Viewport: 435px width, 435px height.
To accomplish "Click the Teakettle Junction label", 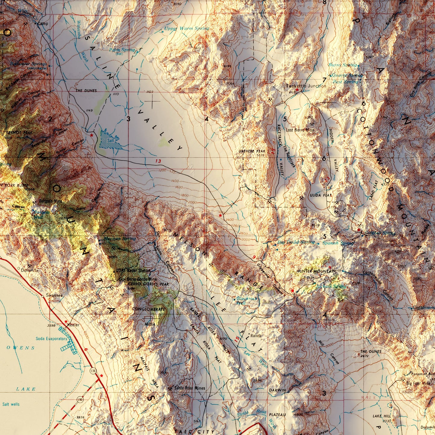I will [x=306, y=86].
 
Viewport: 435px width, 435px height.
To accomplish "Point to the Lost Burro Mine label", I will [x=300, y=130].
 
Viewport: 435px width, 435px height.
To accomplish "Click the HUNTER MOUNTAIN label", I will [x=316, y=271].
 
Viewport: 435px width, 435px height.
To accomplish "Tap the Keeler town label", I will [x=73, y=325].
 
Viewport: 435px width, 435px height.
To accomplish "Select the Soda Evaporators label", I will [x=51, y=339].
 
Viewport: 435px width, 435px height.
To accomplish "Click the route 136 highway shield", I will [x=93, y=371].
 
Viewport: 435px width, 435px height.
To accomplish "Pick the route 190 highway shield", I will [x=80, y=399].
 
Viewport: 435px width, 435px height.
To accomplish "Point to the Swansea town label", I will [x=54, y=295].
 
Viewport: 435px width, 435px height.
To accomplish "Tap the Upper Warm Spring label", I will [x=186, y=29].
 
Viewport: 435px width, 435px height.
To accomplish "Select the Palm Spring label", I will [x=122, y=50].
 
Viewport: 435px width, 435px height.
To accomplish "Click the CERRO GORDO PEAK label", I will [x=148, y=284].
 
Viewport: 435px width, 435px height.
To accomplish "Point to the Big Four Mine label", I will [x=418, y=383].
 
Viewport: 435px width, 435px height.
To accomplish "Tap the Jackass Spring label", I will [x=331, y=286].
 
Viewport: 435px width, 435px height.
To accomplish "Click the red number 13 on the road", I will [x=158, y=161].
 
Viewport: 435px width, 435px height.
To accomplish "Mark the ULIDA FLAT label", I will [x=321, y=195].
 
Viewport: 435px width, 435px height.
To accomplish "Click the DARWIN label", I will [x=277, y=390].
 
